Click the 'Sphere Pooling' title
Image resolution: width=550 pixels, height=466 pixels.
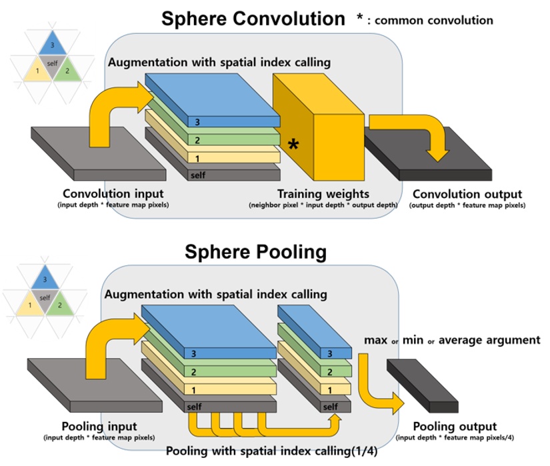[255, 251]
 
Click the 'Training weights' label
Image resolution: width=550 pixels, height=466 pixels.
[323, 194]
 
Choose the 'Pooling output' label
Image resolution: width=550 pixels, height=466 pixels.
[455, 426]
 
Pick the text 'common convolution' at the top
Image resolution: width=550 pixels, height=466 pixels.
[434, 20]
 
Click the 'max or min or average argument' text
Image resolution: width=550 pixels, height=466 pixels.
[452, 340]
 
